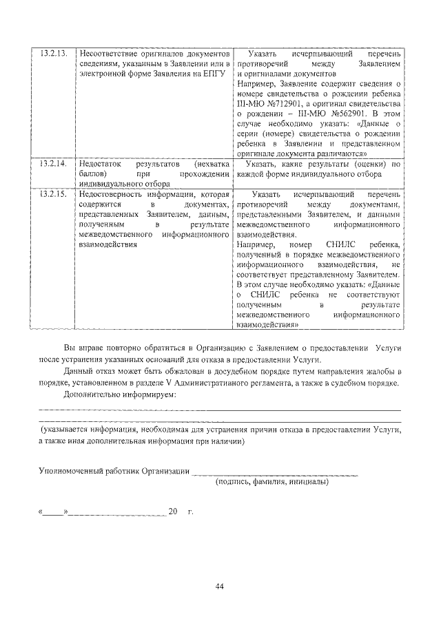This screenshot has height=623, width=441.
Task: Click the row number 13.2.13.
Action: coord(53,54)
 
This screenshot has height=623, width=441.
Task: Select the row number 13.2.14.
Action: coord(53,165)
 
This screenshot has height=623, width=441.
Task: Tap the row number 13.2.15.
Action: coord(53,195)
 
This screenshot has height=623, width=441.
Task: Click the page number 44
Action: coord(220,586)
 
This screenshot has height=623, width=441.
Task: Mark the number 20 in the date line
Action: coord(172,512)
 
